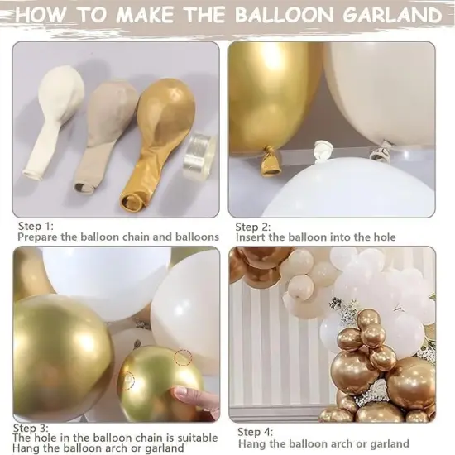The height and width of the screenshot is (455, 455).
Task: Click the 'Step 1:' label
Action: pyautogui.click(x=36, y=225)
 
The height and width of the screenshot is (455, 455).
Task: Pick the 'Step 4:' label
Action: pyautogui.click(x=256, y=432)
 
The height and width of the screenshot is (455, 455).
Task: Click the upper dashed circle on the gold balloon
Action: pyautogui.click(x=184, y=358)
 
